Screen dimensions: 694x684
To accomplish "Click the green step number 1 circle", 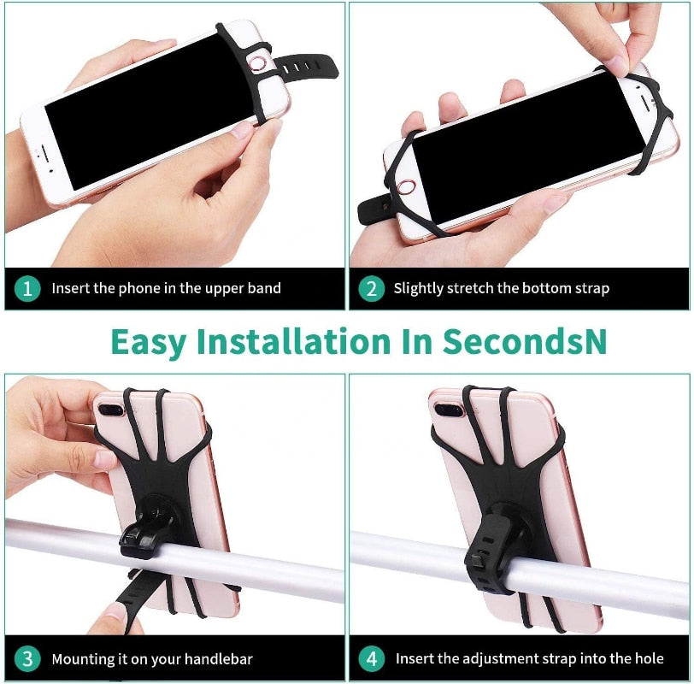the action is click(x=27, y=289).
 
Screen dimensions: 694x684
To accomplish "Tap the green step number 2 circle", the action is click(x=372, y=289).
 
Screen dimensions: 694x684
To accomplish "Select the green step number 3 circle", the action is click(x=27, y=658).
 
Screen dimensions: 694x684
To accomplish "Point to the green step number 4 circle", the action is click(x=372, y=658).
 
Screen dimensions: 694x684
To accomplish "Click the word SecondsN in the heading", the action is click(x=525, y=341).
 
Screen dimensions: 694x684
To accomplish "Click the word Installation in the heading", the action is click(x=293, y=341).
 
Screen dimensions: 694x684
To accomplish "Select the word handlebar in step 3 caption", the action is click(x=218, y=659).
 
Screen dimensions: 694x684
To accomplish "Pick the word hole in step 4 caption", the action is click(x=650, y=658).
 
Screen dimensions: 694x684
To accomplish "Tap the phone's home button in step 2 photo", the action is click(x=406, y=187).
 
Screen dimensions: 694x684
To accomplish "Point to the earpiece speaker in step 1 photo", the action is click(x=43, y=152).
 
